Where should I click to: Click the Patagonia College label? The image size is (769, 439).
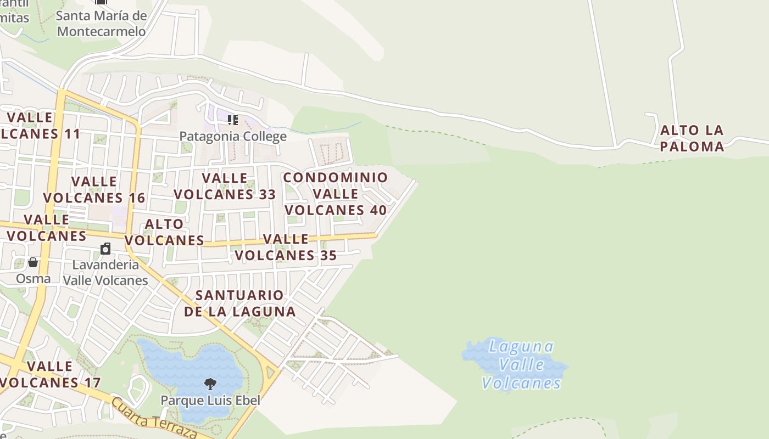pyautogui.click(x=233, y=136)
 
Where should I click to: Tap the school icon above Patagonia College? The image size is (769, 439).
pyautogui.click(x=233, y=120)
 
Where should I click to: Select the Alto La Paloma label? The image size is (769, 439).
pyautogui.click(x=692, y=138)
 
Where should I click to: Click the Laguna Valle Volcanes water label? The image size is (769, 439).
pyautogui.click(x=521, y=365)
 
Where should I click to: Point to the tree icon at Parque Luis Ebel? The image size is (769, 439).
pyautogui.click(x=210, y=384)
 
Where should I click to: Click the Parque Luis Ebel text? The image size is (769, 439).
pyautogui.click(x=210, y=400)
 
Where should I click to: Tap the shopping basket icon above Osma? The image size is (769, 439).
pyautogui.click(x=33, y=262)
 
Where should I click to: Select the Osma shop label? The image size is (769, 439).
pyautogui.click(x=33, y=278)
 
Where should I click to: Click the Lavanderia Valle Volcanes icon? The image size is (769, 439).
pyautogui.click(x=105, y=249)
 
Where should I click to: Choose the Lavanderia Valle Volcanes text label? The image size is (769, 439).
pyautogui.click(x=105, y=272)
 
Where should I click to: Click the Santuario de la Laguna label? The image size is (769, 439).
pyautogui.click(x=240, y=303)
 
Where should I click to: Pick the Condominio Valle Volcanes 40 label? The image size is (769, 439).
pyautogui.click(x=336, y=194)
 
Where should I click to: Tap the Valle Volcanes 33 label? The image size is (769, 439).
pyautogui.click(x=225, y=186)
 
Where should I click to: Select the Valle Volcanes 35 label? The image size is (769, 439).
pyautogui.click(x=286, y=247)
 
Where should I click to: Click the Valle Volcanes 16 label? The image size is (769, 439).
pyautogui.click(x=94, y=189)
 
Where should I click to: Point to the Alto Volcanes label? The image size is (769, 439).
pyautogui.click(x=164, y=232)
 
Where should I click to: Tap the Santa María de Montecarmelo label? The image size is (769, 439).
pyautogui.click(x=102, y=24)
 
